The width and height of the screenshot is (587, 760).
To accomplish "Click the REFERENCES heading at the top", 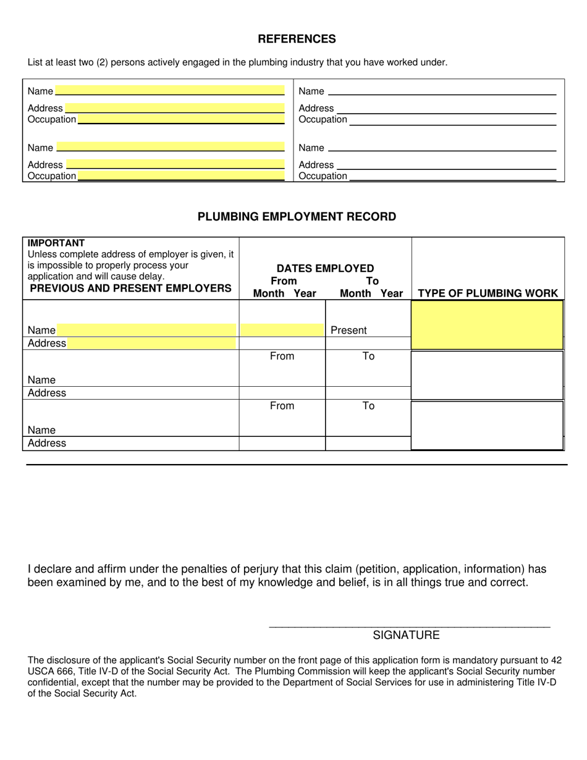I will (x=297, y=39).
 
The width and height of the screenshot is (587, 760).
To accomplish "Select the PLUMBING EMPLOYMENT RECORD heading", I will (x=297, y=217).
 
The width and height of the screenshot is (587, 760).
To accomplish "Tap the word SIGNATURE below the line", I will (x=406, y=635).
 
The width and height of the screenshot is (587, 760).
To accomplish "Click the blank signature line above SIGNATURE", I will (x=409, y=627).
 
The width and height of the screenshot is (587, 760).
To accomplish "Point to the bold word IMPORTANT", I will (x=56, y=243).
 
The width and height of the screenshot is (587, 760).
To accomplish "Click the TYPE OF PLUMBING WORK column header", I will (x=488, y=293).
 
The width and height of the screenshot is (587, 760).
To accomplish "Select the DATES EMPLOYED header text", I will (x=325, y=268).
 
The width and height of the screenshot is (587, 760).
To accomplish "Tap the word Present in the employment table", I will (x=348, y=331).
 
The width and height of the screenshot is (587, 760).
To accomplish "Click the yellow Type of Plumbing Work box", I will (x=487, y=325).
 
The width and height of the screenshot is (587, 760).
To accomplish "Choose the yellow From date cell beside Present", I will (x=282, y=331).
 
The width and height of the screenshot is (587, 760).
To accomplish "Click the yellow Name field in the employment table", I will (x=146, y=331).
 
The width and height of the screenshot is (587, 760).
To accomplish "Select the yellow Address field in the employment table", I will (x=151, y=344).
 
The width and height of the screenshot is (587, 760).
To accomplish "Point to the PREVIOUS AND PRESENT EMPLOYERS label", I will (x=130, y=289).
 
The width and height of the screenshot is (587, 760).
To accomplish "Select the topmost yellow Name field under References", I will (x=169, y=91).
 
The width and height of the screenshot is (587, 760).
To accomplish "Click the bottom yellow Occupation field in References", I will (x=180, y=176).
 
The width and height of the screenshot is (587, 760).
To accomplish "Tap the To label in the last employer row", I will (x=368, y=406).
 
